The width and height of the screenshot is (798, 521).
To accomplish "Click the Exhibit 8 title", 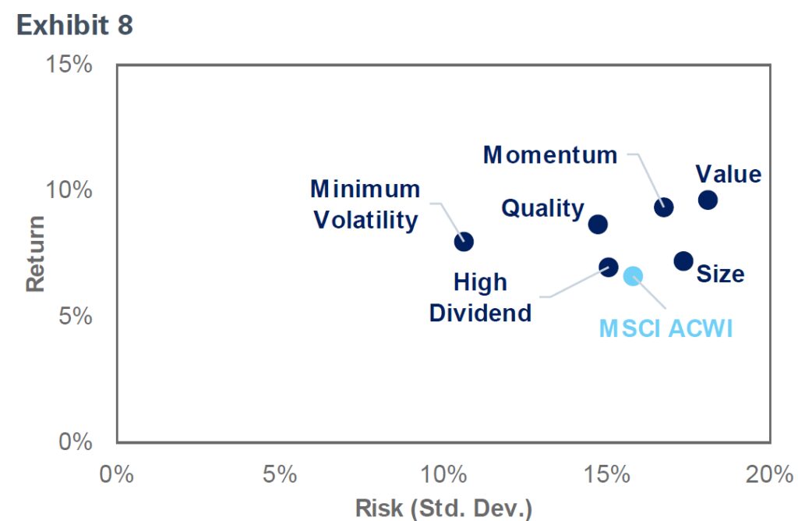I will pos(75,25).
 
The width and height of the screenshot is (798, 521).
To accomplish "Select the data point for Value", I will pos(708,200).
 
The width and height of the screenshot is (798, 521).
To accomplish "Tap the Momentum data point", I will pos(664,207).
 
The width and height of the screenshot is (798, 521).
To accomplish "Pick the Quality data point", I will pos(598,224).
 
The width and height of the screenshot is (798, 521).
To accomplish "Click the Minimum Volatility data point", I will pos(464,241).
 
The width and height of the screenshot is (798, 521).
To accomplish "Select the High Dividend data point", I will pos(609,267).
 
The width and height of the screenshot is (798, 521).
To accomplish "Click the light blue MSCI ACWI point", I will pos(633,275).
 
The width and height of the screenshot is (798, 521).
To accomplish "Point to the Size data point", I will pos(683,260).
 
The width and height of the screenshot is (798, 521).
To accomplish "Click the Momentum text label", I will pos(550,154).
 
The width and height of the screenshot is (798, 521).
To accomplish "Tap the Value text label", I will pos(728,173).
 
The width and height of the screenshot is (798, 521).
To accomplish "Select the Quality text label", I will pos(542,208).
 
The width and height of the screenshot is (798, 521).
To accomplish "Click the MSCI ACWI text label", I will pos(666,328).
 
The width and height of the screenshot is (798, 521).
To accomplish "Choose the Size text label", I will pos(720,274).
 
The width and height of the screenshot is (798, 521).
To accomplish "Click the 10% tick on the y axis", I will pos(71,190).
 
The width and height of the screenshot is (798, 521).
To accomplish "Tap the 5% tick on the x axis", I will pos(280,473).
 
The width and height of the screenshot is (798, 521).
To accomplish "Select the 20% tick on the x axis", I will pos(769,473).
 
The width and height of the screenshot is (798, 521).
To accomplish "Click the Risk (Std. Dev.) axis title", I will pos(443,508).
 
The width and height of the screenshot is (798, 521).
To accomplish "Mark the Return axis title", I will pos(35,253).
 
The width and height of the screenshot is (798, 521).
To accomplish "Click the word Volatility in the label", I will pos(365,220).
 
